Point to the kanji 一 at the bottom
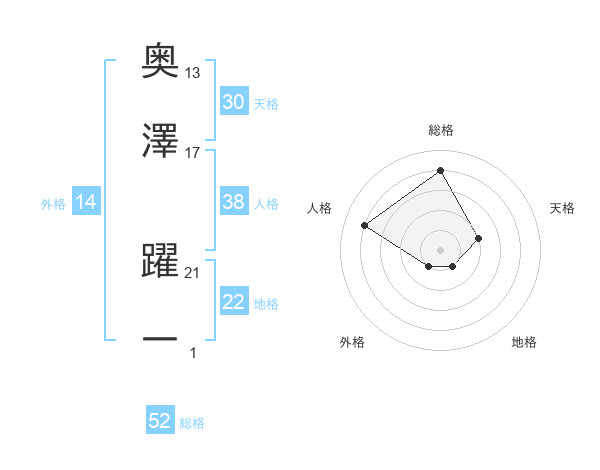point(160,340)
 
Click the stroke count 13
point(193,72)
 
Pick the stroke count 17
point(193,152)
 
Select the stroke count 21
point(193,272)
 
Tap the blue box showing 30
point(234,102)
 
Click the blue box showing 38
point(234,202)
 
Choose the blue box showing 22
point(234,302)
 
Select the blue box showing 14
point(86,202)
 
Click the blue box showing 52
point(160,421)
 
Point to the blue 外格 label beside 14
point(53,204)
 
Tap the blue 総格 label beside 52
point(192,423)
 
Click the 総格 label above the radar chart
point(441,130)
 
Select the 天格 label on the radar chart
point(563,208)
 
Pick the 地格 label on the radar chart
point(524,342)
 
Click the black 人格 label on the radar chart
point(320,208)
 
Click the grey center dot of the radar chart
point(441,249)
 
